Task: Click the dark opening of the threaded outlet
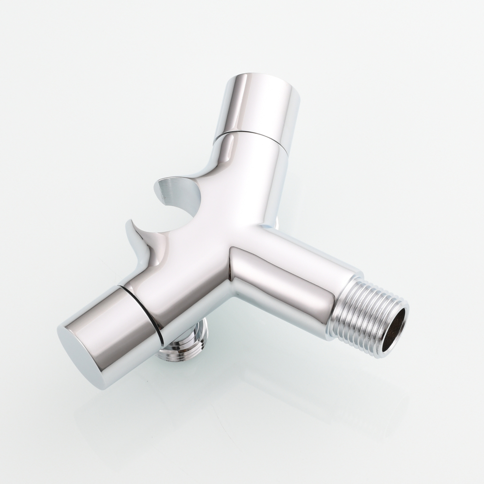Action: (x=393, y=330)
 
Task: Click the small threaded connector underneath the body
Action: (x=184, y=344)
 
